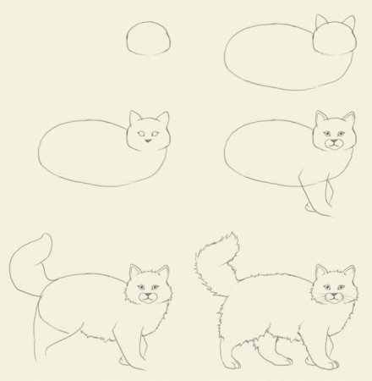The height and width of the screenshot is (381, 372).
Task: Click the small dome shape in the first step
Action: [149, 39]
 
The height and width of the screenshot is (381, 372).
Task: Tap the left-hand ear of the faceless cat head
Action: [320, 23]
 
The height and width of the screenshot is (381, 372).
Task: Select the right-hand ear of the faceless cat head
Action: [348, 22]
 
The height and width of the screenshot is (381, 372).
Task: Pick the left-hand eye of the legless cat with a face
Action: [140, 133]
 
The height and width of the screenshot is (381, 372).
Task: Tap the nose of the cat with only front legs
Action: [334, 142]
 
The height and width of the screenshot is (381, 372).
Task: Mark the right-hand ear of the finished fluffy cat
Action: [347, 273]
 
